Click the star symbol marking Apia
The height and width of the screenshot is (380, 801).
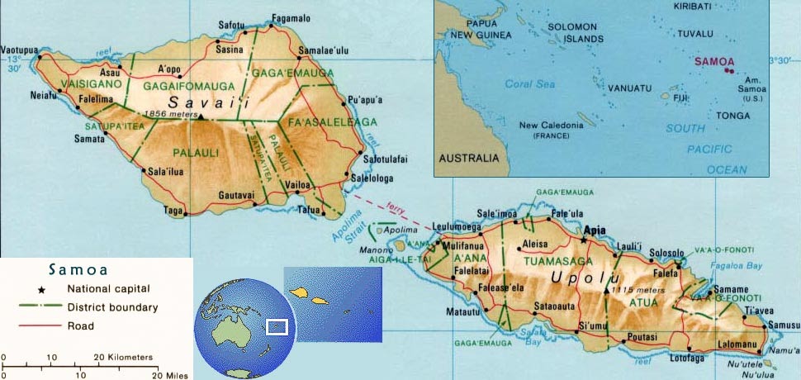584,240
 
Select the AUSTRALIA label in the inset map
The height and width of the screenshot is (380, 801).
469,157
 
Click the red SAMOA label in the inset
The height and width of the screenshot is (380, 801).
713,61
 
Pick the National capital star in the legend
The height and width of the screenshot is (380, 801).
42,289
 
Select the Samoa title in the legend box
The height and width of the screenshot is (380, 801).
78,269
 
